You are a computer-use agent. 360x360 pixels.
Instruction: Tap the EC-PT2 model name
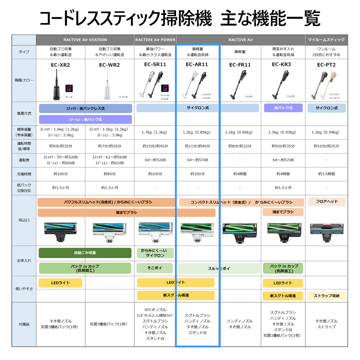tap(326, 65)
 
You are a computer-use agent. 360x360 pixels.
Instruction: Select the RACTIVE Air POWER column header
tap(155, 40)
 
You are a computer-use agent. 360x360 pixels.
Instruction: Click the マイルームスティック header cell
tap(327, 40)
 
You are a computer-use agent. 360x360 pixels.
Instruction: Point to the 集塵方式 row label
tap(24, 113)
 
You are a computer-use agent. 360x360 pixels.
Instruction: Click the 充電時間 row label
tap(24, 174)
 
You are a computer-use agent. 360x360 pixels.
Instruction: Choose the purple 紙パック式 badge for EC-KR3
tap(283, 108)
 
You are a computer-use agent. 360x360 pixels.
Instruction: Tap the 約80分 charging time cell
tap(109, 174)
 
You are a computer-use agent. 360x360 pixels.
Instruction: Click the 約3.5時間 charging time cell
tap(326, 174)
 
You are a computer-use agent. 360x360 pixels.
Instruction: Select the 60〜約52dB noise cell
tap(155, 160)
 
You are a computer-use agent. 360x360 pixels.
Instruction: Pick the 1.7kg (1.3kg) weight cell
tap(155, 132)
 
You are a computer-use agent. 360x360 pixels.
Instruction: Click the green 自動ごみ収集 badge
tap(85, 253)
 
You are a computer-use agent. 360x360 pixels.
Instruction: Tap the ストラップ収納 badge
tap(326, 296)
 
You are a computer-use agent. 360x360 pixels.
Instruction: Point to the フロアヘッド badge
tap(326, 202)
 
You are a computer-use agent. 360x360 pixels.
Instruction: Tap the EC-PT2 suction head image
tap(326, 230)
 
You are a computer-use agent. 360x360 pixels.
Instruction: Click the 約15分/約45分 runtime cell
tap(155, 146)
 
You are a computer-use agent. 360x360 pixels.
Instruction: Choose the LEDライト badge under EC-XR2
tap(60, 283)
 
